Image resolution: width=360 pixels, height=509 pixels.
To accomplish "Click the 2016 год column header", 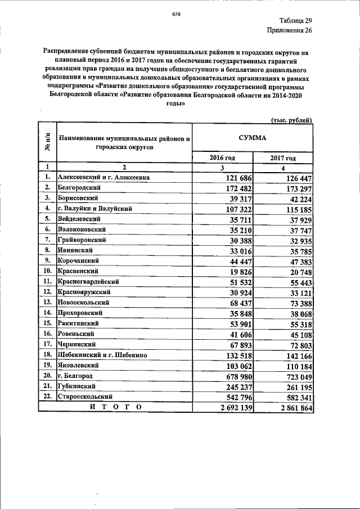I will tap(222, 157).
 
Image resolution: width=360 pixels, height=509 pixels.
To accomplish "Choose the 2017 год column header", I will tap(283, 157).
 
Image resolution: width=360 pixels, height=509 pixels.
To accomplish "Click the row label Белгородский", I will tap(79, 187).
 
